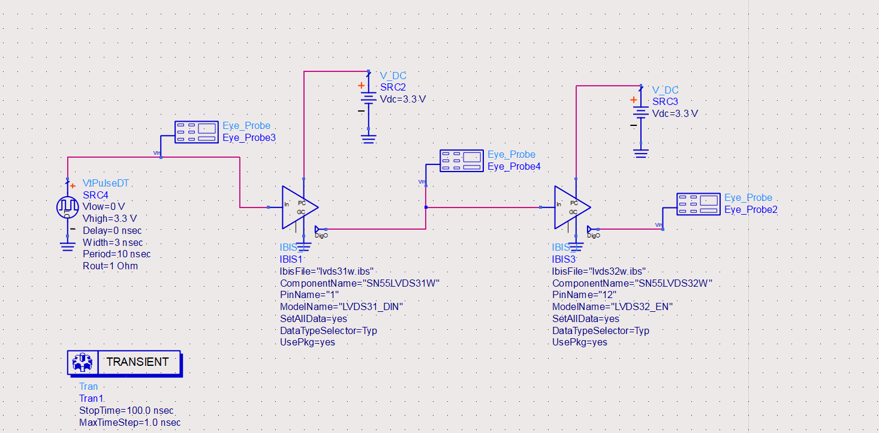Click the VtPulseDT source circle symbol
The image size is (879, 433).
[x=67, y=207]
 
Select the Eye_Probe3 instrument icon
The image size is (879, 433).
[x=196, y=132]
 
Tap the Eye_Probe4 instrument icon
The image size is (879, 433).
[x=461, y=161]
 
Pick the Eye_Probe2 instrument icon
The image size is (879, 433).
[x=698, y=204]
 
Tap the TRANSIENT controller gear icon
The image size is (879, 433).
[x=82, y=362]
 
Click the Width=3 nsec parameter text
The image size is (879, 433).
[x=113, y=242]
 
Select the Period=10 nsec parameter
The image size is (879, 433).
[x=116, y=254]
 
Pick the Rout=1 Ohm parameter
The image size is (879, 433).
[x=110, y=266]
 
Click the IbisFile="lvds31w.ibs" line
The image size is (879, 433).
[x=327, y=271]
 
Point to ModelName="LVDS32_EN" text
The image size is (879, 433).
[x=612, y=306]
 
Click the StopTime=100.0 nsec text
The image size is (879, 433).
[x=126, y=411]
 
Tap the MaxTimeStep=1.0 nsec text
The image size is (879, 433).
[x=130, y=423]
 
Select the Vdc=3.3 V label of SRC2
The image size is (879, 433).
[x=403, y=100]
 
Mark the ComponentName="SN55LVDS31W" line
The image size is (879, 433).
[x=360, y=283]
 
